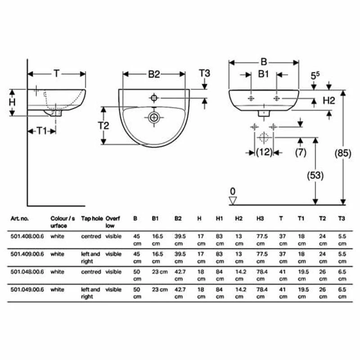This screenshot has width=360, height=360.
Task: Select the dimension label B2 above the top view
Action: [154, 75]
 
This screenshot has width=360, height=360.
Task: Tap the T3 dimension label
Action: [205, 73]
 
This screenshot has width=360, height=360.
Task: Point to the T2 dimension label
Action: [103, 126]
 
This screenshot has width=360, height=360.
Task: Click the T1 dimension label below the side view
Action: [42, 130]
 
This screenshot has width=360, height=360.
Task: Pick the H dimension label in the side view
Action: [12, 102]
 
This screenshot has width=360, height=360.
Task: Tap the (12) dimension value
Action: [264, 152]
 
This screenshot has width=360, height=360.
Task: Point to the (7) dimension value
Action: [301, 152]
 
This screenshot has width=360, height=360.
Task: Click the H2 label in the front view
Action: [329, 101]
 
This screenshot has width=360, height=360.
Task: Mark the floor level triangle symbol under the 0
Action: [233, 200]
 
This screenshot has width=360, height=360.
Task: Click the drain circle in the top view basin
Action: [154, 117]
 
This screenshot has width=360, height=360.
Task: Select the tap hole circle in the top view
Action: [154, 98]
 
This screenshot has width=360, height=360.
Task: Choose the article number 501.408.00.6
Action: [27, 235]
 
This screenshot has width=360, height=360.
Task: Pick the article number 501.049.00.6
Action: [27, 289]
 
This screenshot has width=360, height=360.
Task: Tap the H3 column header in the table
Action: [260, 218]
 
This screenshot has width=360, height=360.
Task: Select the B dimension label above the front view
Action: [264, 62]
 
